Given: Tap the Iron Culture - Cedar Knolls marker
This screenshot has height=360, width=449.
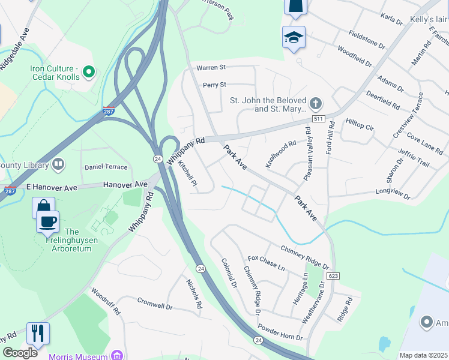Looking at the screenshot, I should click(89, 73).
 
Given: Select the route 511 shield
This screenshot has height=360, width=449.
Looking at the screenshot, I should click(319, 119).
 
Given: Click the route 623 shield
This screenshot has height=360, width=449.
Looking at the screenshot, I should click(334, 275).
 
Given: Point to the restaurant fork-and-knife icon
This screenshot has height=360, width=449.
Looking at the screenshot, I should click(38, 333).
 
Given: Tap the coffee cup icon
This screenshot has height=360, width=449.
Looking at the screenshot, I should click(47, 221).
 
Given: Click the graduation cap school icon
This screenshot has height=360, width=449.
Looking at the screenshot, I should click(294, 37).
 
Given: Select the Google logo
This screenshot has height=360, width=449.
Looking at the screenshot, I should click(20, 353).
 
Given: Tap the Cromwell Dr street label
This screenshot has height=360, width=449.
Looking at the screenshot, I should click(155, 302).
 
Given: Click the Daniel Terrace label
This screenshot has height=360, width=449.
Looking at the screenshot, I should click(106, 167).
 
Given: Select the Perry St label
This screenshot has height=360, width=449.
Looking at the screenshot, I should click(214, 85).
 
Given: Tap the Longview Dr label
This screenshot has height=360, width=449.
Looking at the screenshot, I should click(392, 194).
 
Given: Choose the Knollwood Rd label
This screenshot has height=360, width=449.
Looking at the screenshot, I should click(282, 154).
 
